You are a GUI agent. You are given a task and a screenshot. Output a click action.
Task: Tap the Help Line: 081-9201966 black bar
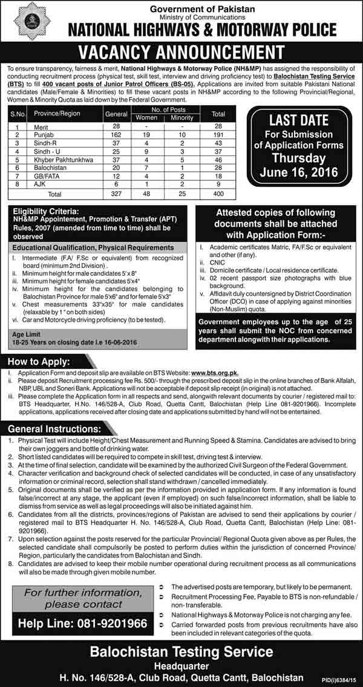pos(82,624)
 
